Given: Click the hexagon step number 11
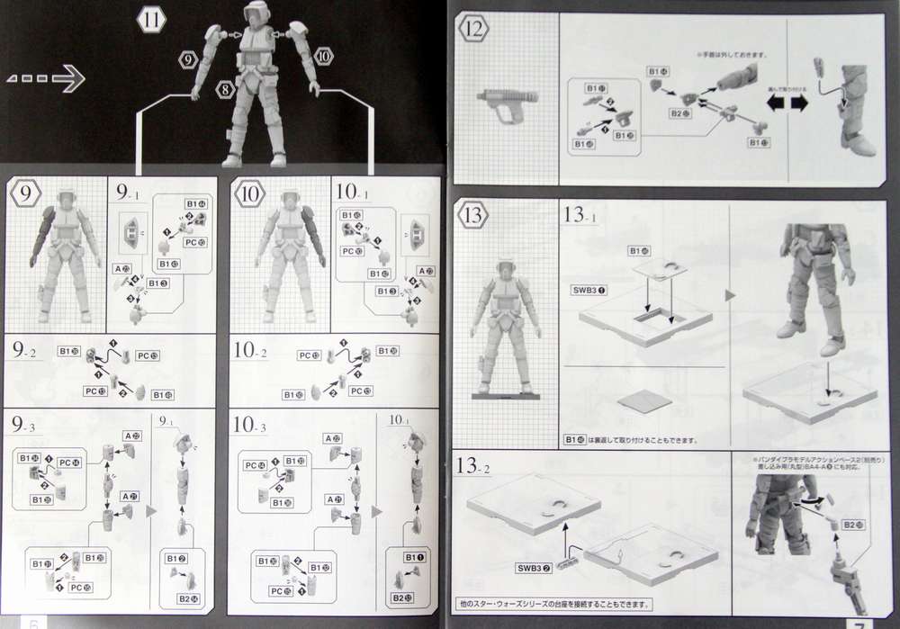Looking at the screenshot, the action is (x=152, y=18).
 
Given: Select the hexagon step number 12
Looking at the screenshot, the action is (x=475, y=30).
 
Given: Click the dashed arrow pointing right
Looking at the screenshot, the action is (x=45, y=81).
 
